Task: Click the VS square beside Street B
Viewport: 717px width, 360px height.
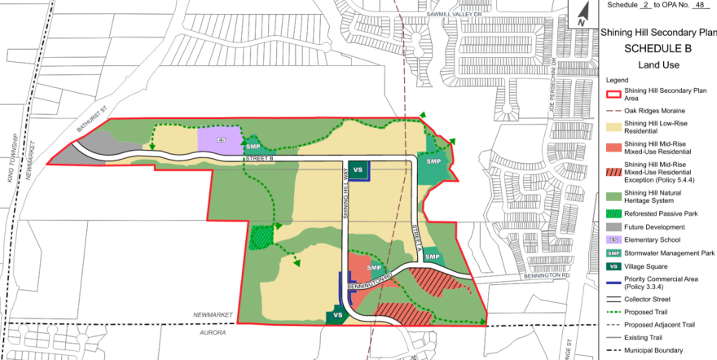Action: click(357, 169)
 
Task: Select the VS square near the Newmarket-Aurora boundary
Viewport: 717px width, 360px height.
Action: click(337, 315)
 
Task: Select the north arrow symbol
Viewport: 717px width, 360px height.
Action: click(583, 14)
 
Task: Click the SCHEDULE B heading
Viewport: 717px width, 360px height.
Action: click(658, 48)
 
